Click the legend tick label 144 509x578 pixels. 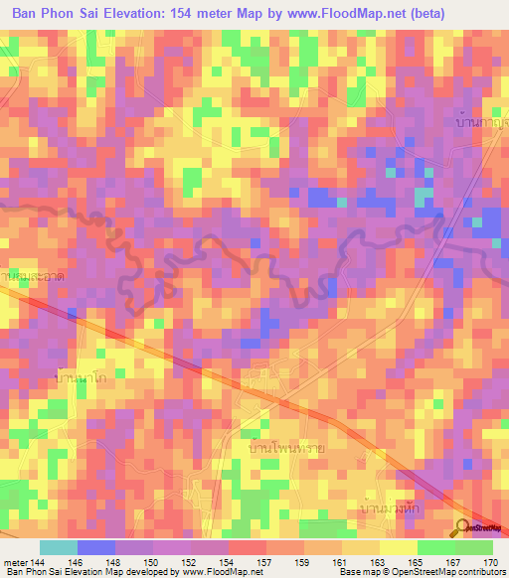pyautogui.click(x=38, y=562)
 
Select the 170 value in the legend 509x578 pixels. pyautogui.click(x=488, y=562)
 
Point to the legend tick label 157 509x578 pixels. pyautogui.click(x=263, y=562)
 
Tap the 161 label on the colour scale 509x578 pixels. pyautogui.click(x=339, y=562)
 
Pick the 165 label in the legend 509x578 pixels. pyautogui.click(x=414, y=562)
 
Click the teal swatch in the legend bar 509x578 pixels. pyautogui.click(x=58, y=547)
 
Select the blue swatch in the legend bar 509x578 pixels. pyautogui.click(x=95, y=547)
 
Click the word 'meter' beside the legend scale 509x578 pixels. pyautogui.click(x=15, y=562)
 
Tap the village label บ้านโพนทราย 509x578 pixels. pyautogui.click(x=289, y=448)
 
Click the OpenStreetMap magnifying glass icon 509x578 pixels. pyautogui.click(x=462, y=527)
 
